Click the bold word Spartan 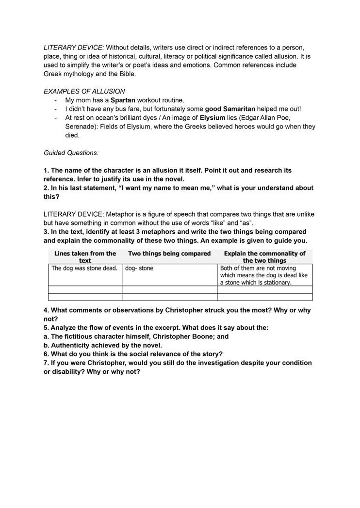click(x=123, y=100)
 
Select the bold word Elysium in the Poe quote click(x=212, y=118)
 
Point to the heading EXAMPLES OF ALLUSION click(x=84, y=91)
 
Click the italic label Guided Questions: click(x=71, y=153)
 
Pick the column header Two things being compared click(x=169, y=254)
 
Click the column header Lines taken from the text click(x=85, y=257)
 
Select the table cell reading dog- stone click(x=139, y=268)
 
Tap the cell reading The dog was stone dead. click(x=84, y=268)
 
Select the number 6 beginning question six click(x=46, y=354)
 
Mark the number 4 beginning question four click(x=46, y=310)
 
